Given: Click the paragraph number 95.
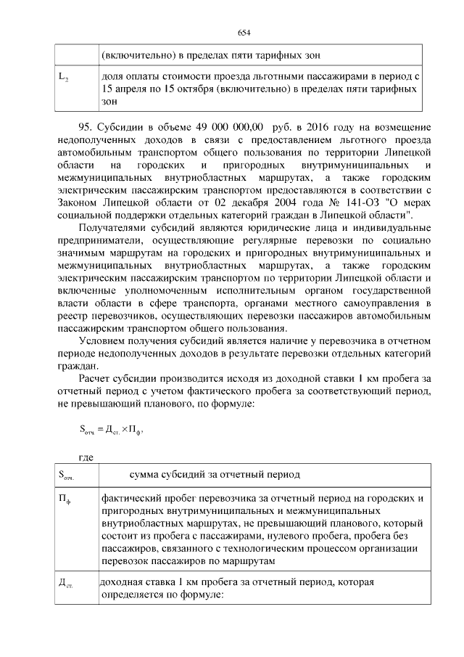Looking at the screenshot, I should (85, 128).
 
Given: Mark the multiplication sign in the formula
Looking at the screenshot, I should (123, 428).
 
